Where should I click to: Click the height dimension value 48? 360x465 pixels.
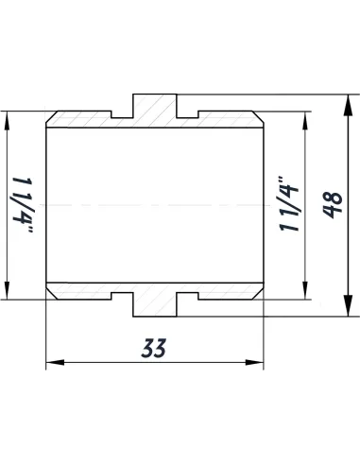coord(333,203)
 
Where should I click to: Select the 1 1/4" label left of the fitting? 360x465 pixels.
coord(22,204)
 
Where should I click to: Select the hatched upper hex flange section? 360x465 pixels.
coord(154,109)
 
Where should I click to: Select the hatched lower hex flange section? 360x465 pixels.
coord(154,301)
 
